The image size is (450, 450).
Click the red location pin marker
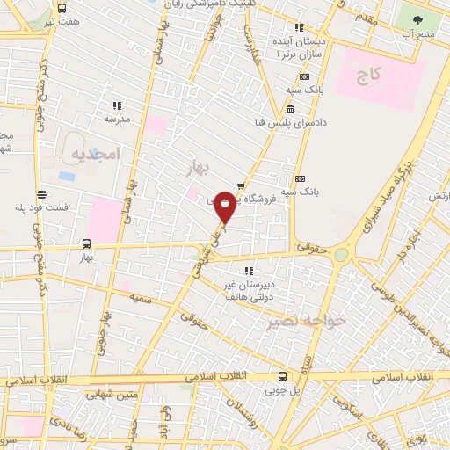pos(225,206)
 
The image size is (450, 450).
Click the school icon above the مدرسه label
pos(117,105)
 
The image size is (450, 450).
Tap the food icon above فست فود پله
pos(41,194)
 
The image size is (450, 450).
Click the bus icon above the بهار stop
pos(86,244)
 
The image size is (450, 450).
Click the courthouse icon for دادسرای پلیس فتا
pos(291,109)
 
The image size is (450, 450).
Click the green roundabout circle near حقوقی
pos(341,254)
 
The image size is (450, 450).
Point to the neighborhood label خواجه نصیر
pos(308,322)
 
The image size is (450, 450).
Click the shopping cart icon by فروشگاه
pos(240,186)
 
